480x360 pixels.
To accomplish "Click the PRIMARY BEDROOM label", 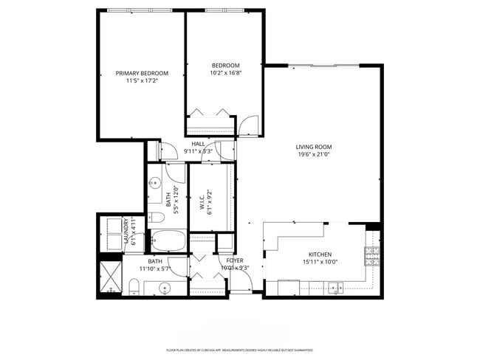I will point(142,73).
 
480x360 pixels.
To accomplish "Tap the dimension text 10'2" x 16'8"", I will point(226,73).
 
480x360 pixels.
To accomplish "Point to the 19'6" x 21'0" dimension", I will point(314,154).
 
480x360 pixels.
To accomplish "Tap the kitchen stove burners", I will point(372,257).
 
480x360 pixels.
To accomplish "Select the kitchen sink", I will point(337,286).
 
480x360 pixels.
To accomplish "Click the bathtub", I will point(168,240).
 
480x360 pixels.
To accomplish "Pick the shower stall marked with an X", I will point(109,276).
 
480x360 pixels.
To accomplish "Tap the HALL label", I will point(198,144).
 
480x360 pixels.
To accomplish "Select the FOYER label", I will point(235,260).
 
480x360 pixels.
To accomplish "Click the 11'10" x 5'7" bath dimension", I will point(155,269).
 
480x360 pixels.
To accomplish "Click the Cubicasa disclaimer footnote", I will point(240,350).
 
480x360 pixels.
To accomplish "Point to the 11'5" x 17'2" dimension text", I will point(142,80).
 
